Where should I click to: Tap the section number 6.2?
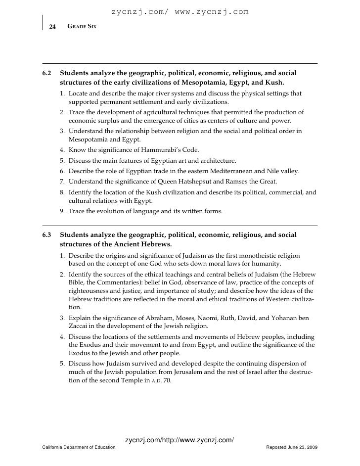pyautogui.click(x=47, y=73)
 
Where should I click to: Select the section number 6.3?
pyautogui.click(x=47, y=234)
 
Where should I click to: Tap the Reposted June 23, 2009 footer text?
pyautogui.click(x=292, y=447)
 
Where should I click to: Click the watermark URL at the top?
pyautogui.click(x=180, y=12)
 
